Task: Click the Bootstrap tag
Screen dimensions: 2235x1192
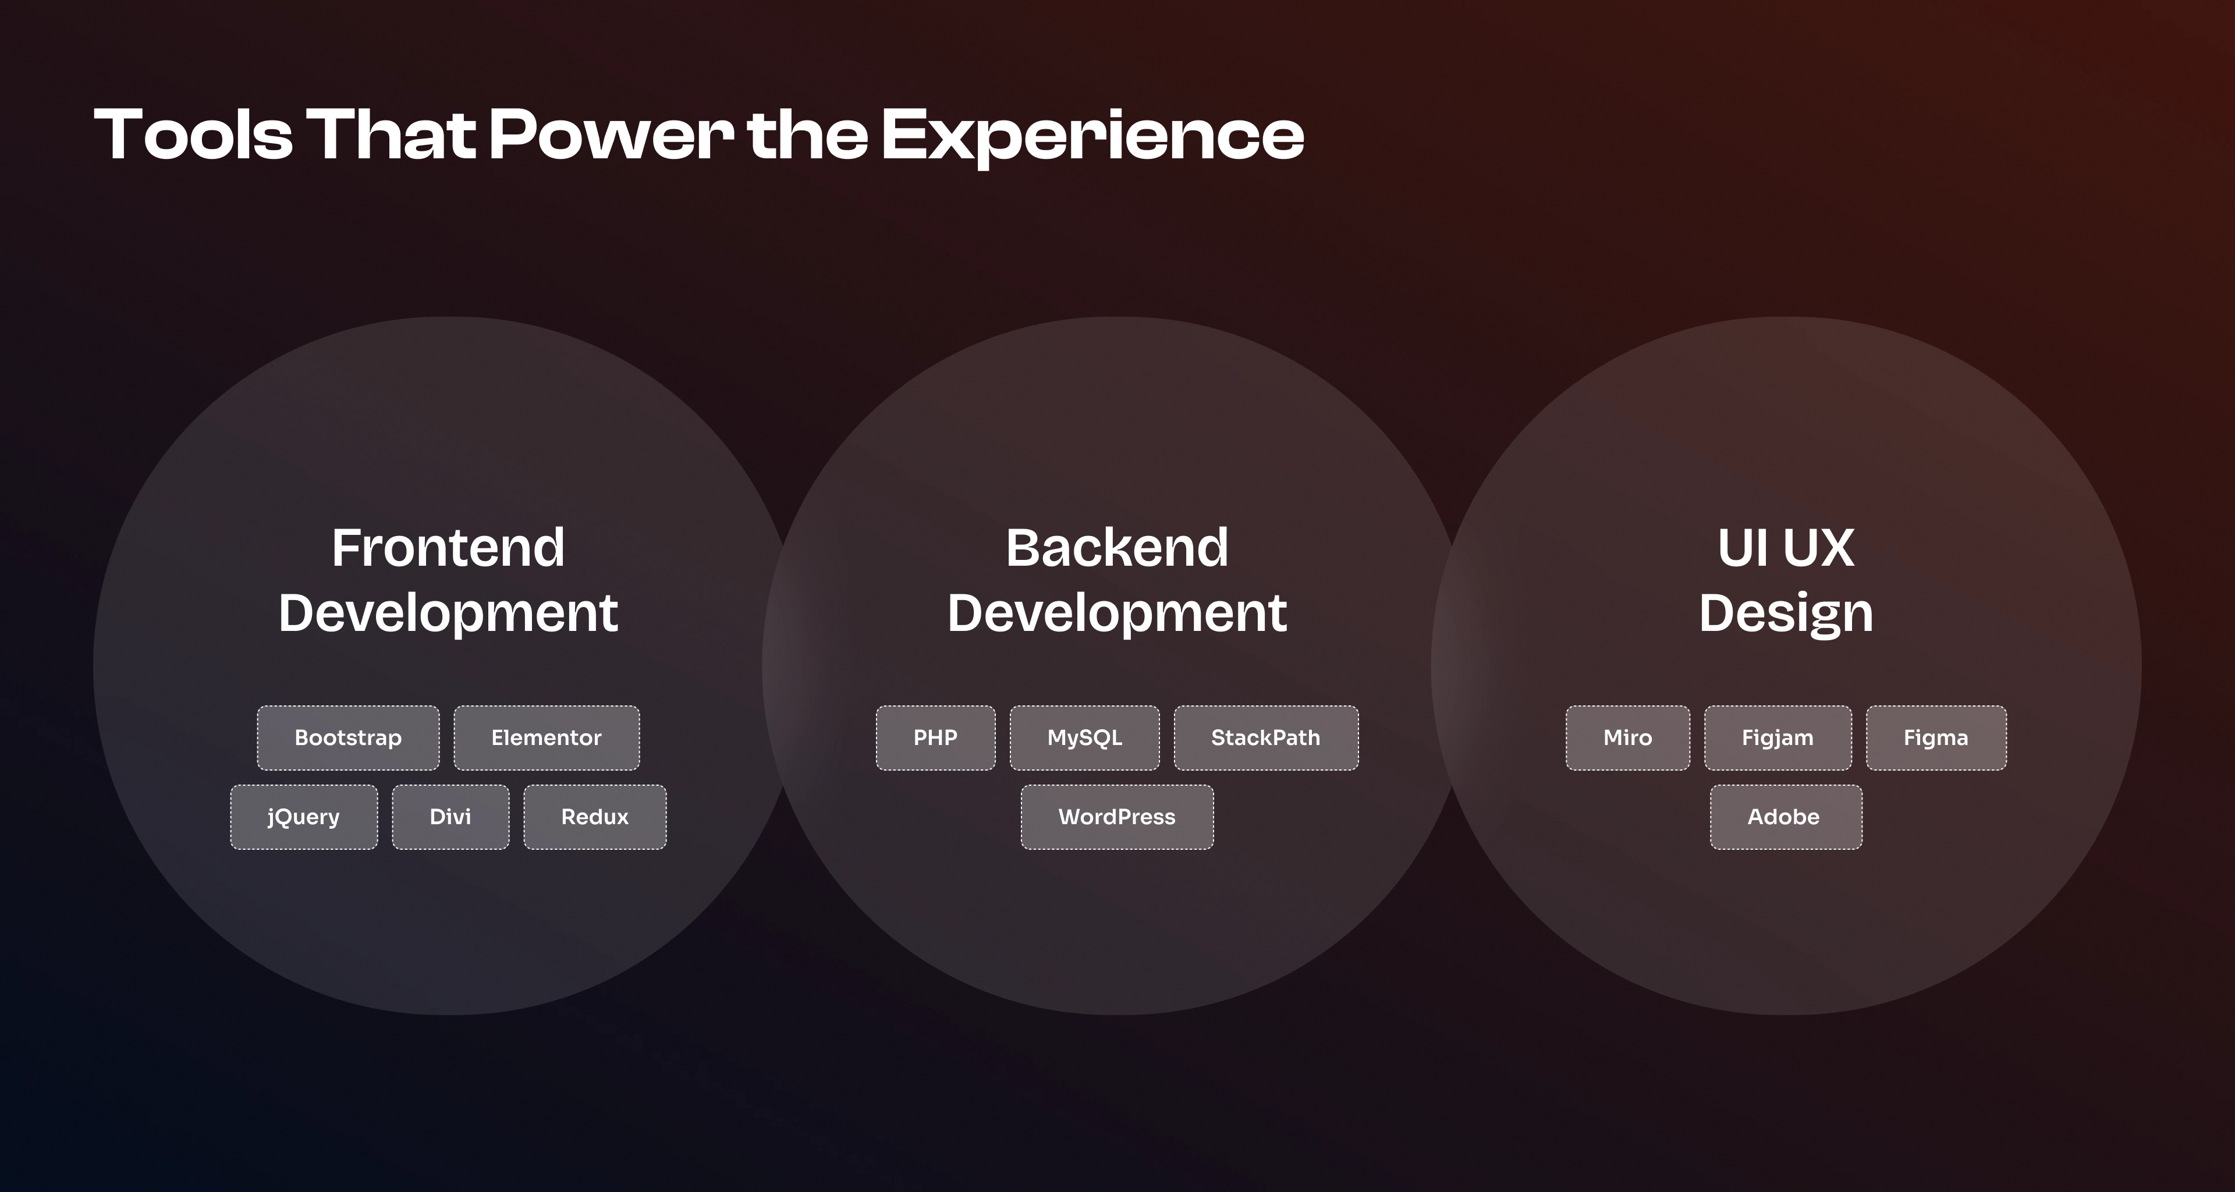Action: point(348,737)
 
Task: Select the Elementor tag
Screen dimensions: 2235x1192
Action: point(547,737)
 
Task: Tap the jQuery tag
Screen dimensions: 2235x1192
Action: point(304,817)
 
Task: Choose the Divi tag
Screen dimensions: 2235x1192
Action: point(450,817)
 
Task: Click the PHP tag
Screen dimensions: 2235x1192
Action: point(935,737)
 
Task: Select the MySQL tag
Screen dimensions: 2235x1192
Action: point(1084,737)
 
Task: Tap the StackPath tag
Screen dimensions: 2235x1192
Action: point(1266,737)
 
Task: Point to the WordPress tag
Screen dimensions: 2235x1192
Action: point(1117,817)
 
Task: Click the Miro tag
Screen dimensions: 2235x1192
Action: point(1628,737)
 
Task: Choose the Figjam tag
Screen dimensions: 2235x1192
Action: point(1778,737)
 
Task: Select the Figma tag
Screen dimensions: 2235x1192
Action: point(1936,737)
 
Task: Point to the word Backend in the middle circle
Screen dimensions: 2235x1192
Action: point(1117,548)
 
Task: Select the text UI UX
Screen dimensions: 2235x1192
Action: point(1786,548)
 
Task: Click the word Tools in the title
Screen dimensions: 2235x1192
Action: point(193,134)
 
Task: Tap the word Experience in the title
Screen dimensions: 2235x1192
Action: point(1093,137)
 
